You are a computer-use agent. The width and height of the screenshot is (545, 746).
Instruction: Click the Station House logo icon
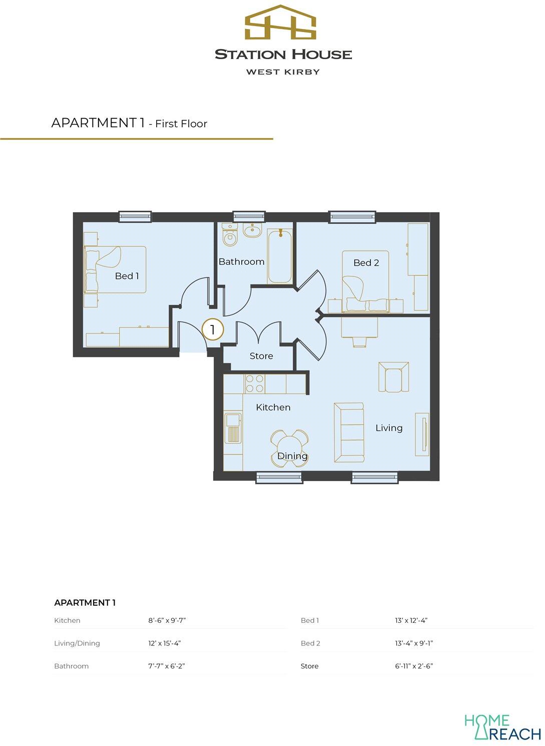[280, 24]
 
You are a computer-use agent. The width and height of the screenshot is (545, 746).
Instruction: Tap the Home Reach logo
[502, 727]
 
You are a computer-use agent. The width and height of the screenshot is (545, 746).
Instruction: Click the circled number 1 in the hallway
[213, 330]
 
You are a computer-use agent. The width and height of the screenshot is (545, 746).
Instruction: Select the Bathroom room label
[241, 262]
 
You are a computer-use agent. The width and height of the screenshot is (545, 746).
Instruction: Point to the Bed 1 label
[127, 276]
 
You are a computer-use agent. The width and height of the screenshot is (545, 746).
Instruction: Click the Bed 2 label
[366, 263]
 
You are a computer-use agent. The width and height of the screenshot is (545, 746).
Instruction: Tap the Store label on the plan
[261, 356]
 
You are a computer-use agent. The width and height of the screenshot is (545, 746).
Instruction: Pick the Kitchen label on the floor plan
[273, 408]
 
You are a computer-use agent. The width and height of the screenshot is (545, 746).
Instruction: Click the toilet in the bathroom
[230, 235]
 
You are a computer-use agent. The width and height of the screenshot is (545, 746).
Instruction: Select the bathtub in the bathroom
[280, 256]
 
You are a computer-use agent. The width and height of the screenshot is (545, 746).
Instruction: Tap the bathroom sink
[252, 231]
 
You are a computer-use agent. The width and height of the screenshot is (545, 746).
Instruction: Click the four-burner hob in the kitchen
[254, 384]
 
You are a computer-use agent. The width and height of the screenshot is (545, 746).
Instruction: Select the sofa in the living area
[349, 433]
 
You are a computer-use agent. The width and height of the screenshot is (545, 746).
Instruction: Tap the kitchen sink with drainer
[233, 428]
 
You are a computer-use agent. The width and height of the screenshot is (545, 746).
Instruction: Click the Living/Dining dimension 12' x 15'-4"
[167, 643]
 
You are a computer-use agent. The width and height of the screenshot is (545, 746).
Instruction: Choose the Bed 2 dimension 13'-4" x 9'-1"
[413, 643]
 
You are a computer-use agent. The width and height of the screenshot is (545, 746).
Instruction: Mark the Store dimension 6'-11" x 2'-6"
[413, 666]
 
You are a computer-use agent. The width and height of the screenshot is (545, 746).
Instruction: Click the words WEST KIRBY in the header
[283, 72]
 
